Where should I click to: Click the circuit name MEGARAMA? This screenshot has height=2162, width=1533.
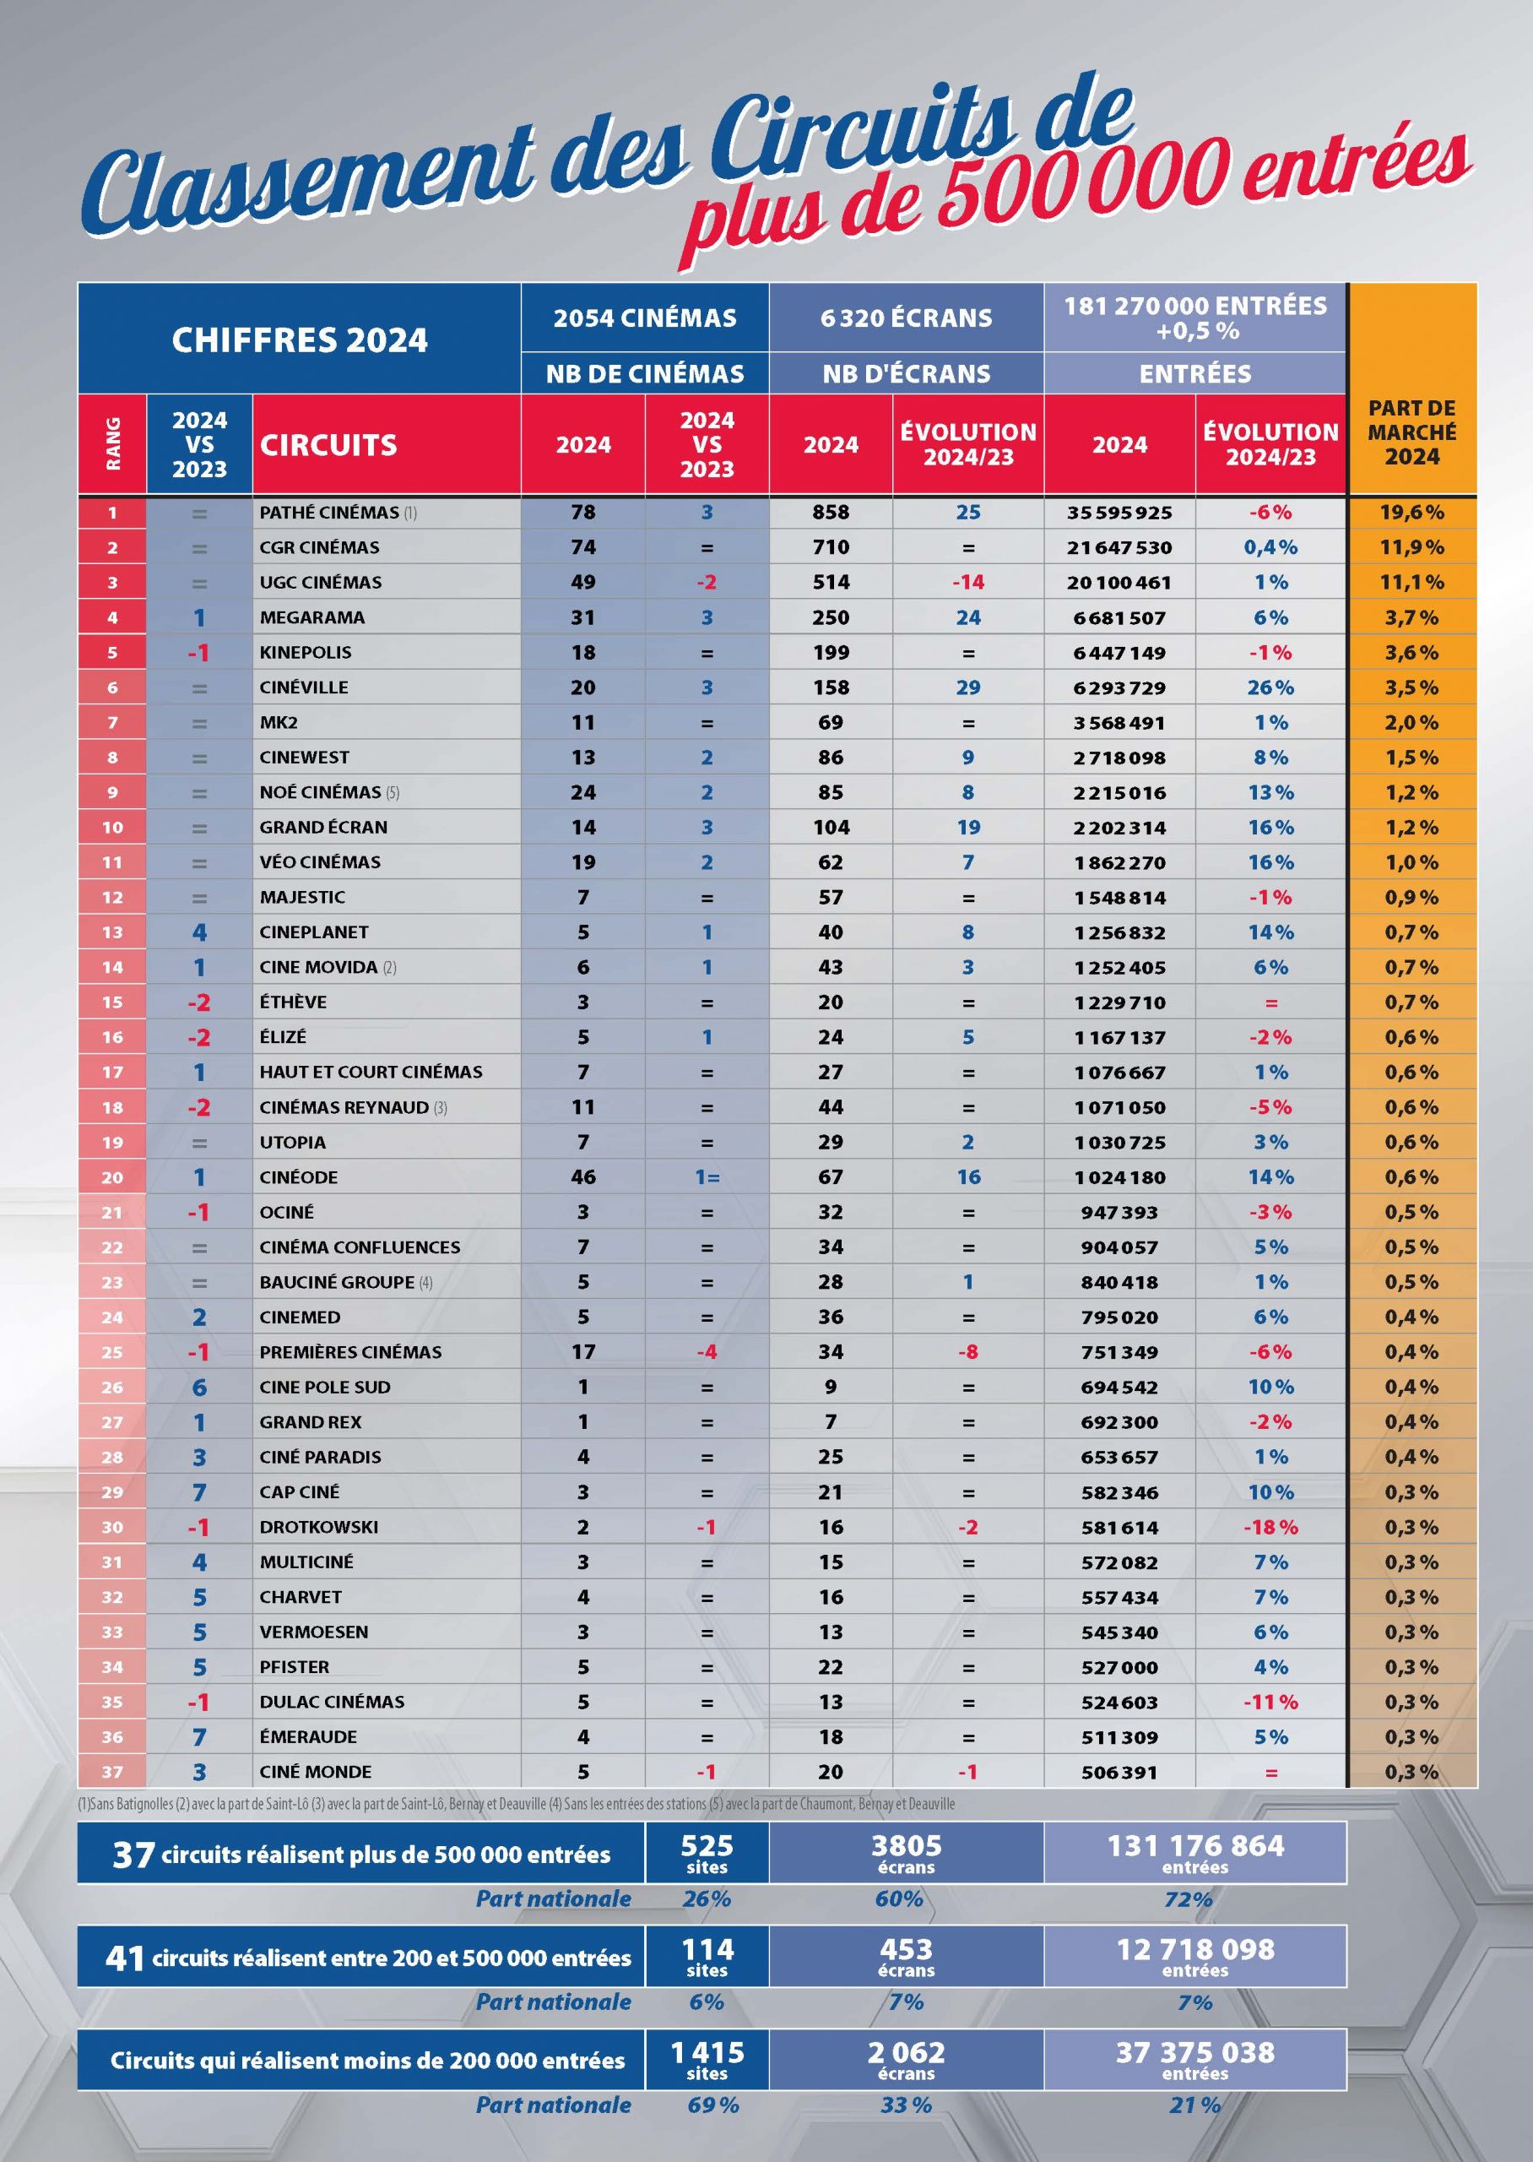[311, 617]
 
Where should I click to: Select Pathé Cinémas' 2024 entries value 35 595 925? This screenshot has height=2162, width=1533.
[1119, 513]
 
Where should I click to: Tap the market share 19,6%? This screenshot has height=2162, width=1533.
[1411, 513]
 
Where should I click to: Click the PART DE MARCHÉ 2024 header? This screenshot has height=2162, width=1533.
[1411, 432]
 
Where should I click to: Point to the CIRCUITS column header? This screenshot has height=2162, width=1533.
[328, 445]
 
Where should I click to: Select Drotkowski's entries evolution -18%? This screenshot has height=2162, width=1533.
[1270, 1527]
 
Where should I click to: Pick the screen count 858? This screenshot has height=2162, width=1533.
[831, 513]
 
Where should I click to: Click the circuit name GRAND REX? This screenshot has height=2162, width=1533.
[311, 1422]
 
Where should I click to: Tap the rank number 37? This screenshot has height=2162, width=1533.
[112, 1772]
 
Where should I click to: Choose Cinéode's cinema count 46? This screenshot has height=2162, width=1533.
[582, 1177]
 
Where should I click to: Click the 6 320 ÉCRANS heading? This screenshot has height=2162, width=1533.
[905, 318]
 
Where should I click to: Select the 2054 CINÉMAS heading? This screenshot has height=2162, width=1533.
[645, 318]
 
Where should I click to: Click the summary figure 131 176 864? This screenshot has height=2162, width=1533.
[1195, 1844]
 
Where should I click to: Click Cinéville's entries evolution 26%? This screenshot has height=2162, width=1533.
[1270, 687]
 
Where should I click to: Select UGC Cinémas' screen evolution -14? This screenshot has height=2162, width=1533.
[967, 583]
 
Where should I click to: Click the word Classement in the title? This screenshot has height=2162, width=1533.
[311, 179]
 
